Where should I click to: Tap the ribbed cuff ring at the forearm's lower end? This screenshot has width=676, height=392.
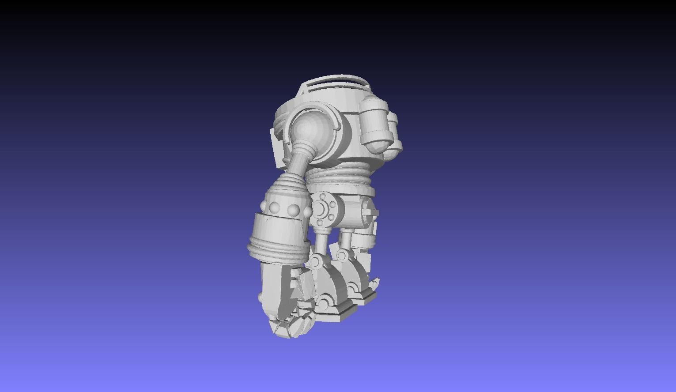(x=276, y=247)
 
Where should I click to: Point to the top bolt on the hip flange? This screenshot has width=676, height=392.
(x=324, y=196)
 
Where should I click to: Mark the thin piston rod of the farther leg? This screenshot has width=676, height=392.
(x=346, y=241)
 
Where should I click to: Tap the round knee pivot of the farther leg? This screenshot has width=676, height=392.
(x=342, y=255)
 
